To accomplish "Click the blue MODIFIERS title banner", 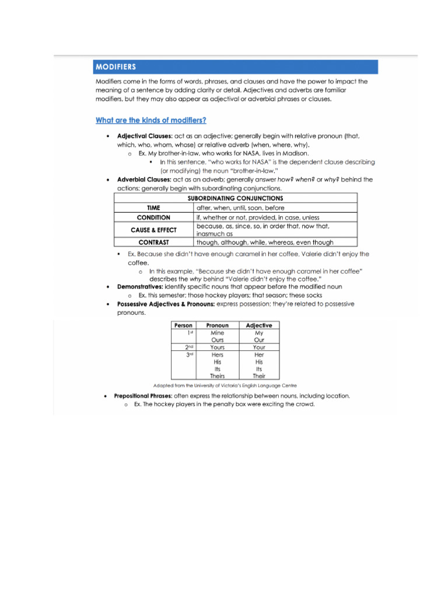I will click(x=236, y=67).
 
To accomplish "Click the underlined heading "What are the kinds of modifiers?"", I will click(x=150, y=120).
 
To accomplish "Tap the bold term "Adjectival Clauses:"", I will click(x=144, y=135).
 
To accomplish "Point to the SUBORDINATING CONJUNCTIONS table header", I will click(x=235, y=199).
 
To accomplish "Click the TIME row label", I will click(x=153, y=207).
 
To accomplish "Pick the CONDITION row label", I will click(x=153, y=217).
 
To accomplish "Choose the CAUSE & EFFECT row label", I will click(x=153, y=230).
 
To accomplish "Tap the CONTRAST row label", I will click(x=153, y=242).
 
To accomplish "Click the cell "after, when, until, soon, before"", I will click(x=240, y=207).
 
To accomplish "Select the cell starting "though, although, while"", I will click(x=265, y=242).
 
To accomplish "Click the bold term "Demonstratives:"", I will click(x=140, y=287).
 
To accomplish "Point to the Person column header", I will click(x=183, y=325).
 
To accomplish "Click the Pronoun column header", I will click(x=217, y=325).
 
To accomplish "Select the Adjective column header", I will click(x=259, y=325).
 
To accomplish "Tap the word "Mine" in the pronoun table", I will click(x=217, y=333).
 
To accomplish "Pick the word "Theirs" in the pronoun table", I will click(x=217, y=376).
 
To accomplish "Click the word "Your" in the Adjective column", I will click(x=259, y=347).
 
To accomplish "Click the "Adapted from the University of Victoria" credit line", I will click(x=225, y=386).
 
